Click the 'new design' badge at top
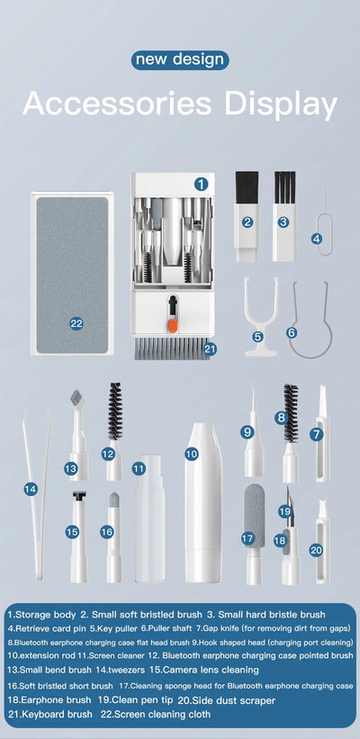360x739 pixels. (179, 60)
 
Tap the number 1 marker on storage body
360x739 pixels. (201, 183)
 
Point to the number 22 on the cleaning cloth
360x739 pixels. (76, 322)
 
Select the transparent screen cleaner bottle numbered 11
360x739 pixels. (139, 531)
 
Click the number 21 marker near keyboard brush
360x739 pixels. (210, 348)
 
